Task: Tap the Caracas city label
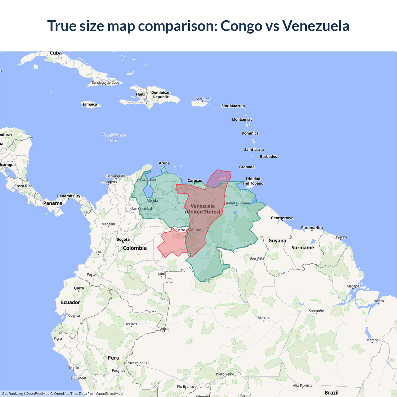195,181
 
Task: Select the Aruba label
164,163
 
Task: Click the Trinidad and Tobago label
253,181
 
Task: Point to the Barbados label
268,157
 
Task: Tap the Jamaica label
90,104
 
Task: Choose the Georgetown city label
282,218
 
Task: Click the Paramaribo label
312,228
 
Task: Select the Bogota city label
123,239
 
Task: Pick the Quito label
79,288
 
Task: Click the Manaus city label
264,318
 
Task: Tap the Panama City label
69,196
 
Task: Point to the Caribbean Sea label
114,137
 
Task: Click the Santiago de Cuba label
105,83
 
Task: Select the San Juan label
203,99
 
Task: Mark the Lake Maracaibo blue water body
148,189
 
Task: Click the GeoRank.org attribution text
12,394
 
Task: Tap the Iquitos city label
132,324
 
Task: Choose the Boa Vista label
257,258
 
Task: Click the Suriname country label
303,248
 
